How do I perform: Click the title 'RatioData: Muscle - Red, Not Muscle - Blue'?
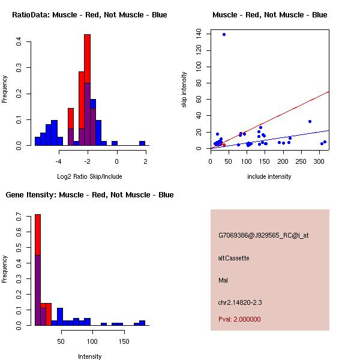(89, 15)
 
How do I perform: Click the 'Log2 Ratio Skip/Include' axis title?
(89, 176)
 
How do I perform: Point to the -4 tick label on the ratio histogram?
(59, 161)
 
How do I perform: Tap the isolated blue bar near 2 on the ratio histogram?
(142, 143)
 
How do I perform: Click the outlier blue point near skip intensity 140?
(224, 34)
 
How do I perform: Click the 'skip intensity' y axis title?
(184, 90)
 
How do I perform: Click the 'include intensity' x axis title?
(269, 176)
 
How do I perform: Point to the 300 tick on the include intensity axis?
(318, 161)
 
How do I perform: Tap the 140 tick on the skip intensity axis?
(199, 34)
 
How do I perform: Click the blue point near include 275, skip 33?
(310, 121)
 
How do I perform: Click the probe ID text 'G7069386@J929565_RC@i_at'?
(263, 236)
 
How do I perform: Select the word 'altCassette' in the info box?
(233, 258)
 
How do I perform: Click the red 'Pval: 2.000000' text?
(239, 319)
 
